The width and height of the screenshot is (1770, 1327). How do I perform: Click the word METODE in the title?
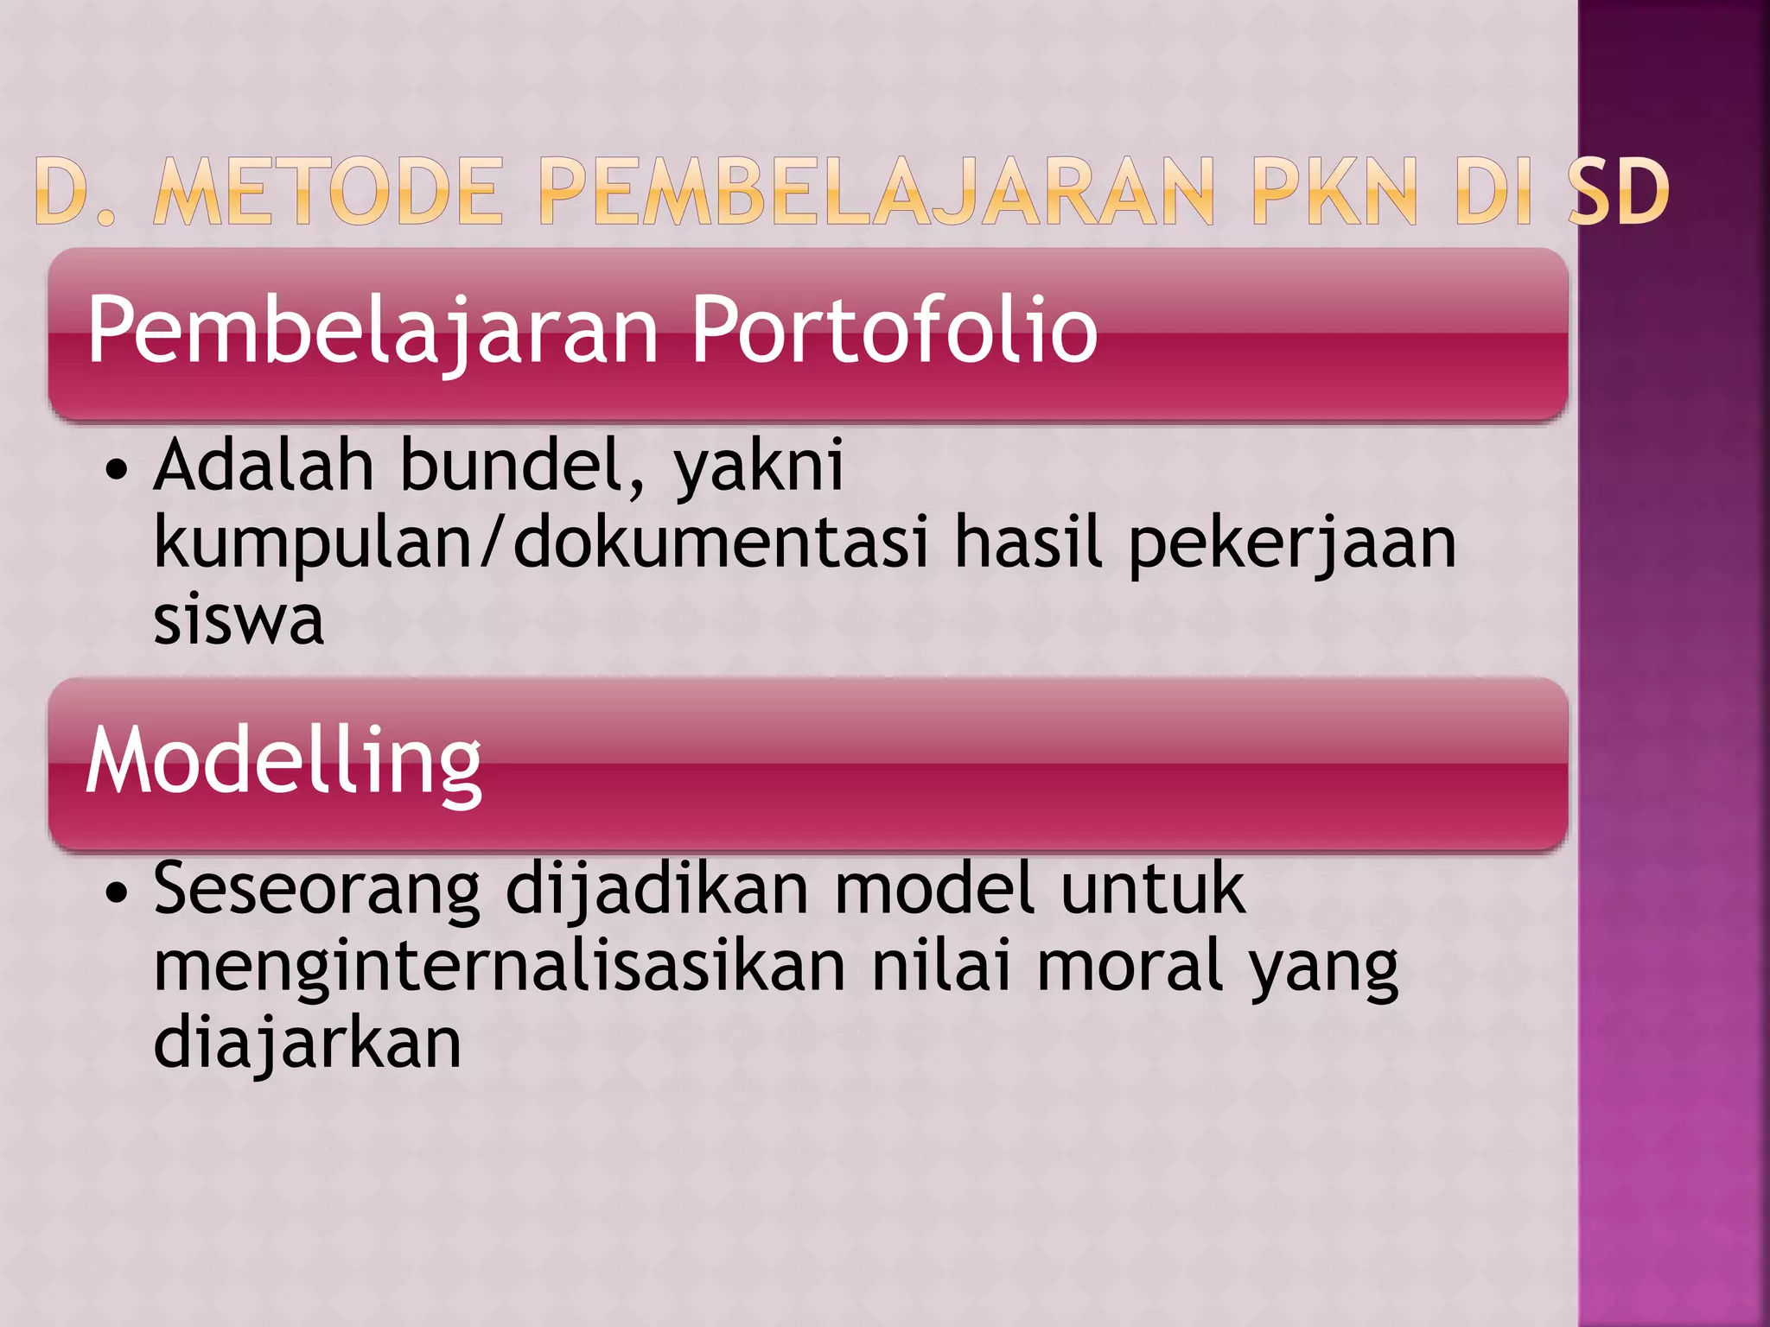[x=328, y=192]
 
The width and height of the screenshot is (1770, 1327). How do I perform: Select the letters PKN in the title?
[x=1334, y=192]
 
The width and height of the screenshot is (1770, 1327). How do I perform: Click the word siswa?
[x=239, y=620]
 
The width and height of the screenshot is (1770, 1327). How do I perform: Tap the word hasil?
[x=1028, y=543]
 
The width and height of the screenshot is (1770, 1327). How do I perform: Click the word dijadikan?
[x=657, y=890]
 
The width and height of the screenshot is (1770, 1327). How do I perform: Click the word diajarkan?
[x=308, y=1044]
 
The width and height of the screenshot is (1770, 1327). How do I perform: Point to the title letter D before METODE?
[x=66, y=192]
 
